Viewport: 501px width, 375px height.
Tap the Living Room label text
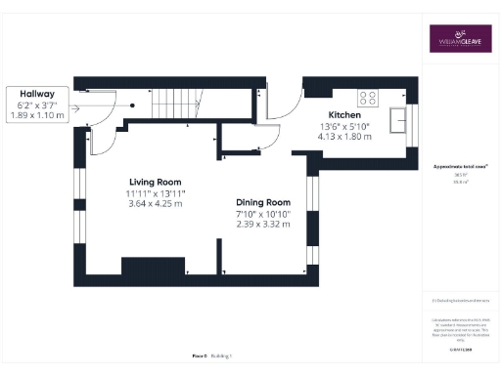(157, 182)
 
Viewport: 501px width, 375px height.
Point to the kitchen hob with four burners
(370, 98)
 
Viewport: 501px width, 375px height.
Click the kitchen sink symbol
(398, 120)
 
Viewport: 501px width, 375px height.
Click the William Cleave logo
(459, 38)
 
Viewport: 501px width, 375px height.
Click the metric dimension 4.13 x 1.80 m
(344, 137)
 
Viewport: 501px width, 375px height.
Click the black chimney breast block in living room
(153, 267)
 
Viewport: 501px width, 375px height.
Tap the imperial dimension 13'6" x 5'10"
(344, 126)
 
